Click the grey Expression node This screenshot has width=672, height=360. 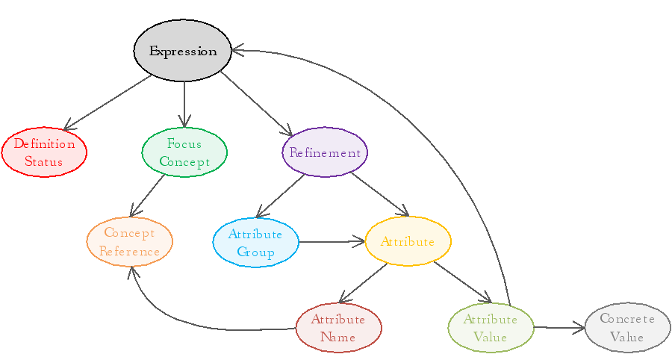(183, 51)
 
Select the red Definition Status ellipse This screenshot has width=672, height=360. (44, 152)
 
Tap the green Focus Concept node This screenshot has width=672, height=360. (184, 152)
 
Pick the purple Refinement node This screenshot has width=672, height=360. (325, 152)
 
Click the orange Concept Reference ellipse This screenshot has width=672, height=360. (129, 242)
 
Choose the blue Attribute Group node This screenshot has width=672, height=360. (255, 242)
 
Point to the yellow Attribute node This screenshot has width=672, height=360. (408, 241)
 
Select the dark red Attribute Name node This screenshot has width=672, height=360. (338, 327)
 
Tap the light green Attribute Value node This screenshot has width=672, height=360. (491, 327)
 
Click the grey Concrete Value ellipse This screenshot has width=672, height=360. (627, 327)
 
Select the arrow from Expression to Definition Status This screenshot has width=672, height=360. (108, 102)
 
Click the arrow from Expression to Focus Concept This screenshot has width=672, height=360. (184, 103)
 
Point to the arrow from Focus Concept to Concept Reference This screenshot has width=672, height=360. (147, 196)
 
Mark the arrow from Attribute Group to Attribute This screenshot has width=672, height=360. (332, 241)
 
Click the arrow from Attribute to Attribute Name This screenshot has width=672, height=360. (364, 283)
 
